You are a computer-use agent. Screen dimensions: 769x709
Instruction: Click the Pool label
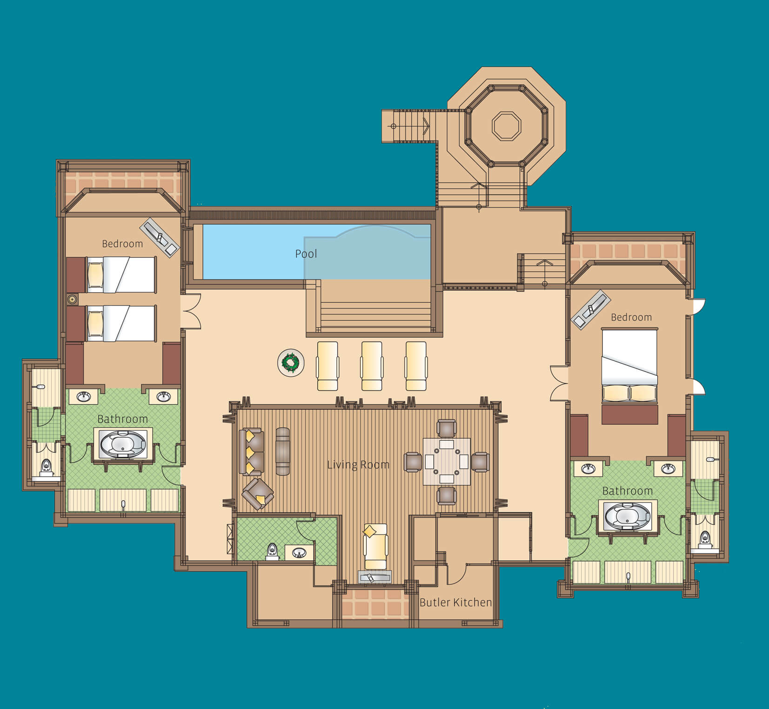coord(306,254)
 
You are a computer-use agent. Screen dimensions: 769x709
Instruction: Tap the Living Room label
coord(358,464)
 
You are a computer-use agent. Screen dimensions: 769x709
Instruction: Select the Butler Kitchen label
coord(456,602)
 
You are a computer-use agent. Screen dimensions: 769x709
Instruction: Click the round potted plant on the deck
coord(291,363)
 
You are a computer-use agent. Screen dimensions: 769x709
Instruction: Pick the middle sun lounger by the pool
coord(372,366)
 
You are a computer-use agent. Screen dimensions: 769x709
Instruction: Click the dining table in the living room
coord(447,462)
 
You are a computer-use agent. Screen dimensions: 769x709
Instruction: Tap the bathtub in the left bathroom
coord(123,445)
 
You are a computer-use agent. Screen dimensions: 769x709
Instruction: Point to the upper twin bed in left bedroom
coord(120,275)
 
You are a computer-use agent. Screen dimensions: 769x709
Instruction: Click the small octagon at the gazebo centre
coord(507,126)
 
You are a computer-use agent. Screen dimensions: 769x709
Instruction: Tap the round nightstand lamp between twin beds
coord(72,299)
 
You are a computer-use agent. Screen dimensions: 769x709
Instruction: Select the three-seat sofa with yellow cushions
coord(251,452)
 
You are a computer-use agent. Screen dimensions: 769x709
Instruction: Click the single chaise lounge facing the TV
coord(375,546)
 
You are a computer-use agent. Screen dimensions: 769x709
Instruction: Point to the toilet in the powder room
coord(273,551)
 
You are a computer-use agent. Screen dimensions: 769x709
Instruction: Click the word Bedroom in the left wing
coord(122,244)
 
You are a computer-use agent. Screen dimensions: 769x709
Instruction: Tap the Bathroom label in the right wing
coord(628,491)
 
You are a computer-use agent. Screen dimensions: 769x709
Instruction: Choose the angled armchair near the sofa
coord(258,494)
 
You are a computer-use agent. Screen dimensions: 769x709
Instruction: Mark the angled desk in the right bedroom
coord(590,309)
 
